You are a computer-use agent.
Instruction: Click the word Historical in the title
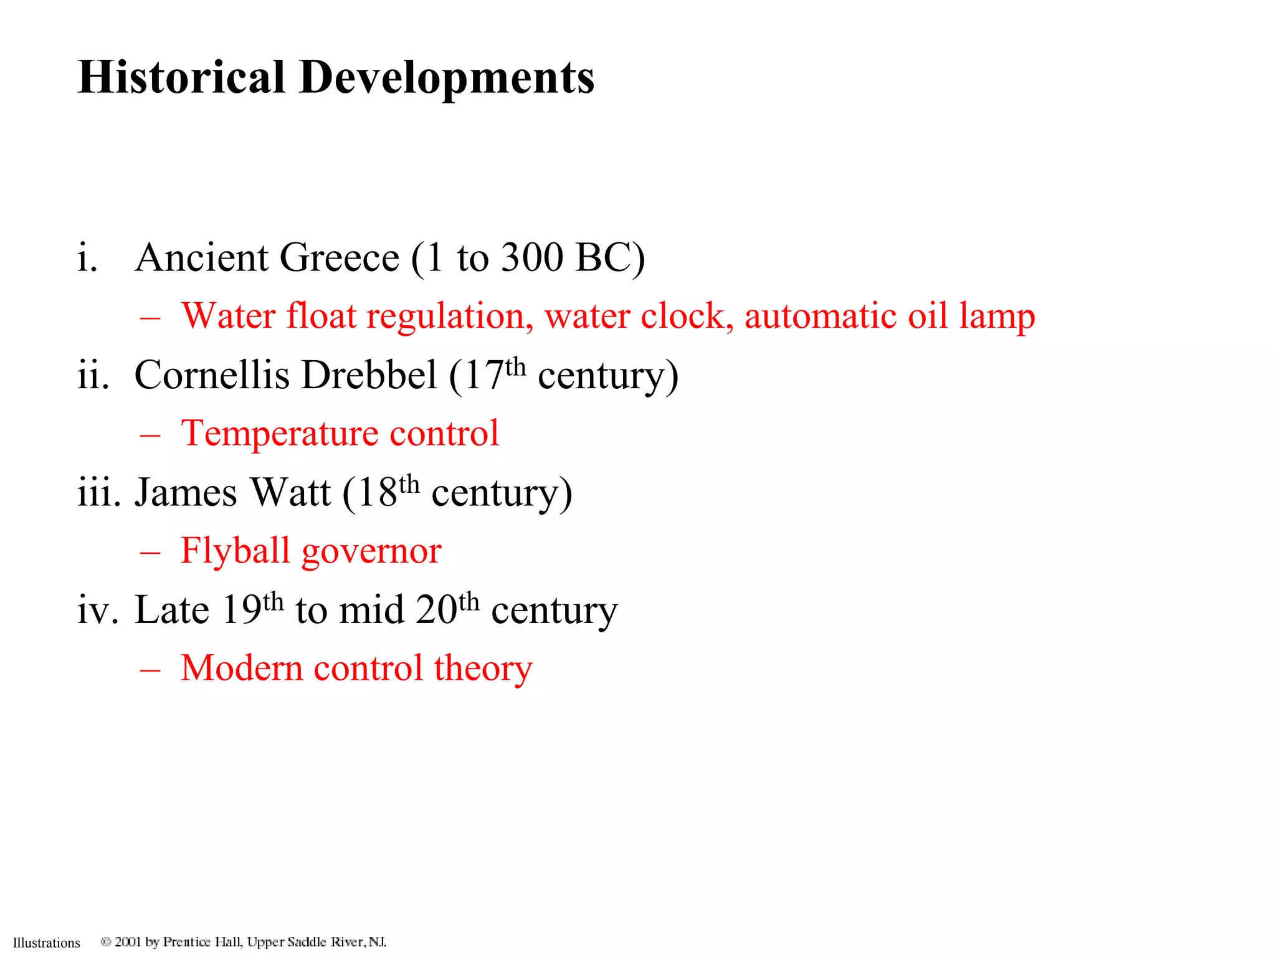[181, 77]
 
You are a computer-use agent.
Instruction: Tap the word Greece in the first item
[339, 257]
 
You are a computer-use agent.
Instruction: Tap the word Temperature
[279, 434]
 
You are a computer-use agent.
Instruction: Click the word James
[186, 492]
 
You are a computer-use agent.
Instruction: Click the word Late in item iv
[171, 609]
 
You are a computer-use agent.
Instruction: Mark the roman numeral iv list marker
[97, 609]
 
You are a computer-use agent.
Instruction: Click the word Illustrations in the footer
[47, 943]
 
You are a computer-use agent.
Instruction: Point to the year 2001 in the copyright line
[128, 941]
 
